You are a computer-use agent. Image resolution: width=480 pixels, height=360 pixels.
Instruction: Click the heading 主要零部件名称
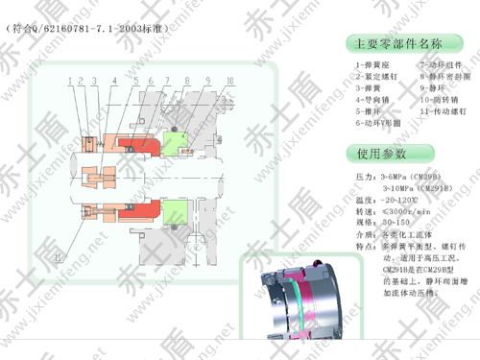[394, 44]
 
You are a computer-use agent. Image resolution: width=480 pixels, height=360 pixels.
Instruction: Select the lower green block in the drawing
[177, 211]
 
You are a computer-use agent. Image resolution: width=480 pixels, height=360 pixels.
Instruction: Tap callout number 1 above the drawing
[72, 80]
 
